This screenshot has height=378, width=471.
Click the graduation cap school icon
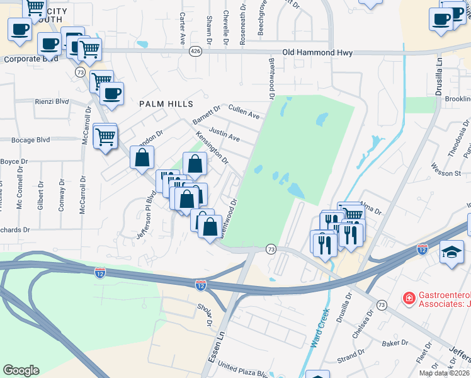click(451, 254)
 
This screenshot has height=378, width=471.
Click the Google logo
click(21, 370)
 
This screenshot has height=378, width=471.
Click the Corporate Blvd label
click(31, 59)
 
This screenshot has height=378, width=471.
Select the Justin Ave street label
click(224, 134)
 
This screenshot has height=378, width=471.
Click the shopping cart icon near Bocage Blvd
click(105, 137)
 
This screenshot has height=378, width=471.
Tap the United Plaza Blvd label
click(242, 370)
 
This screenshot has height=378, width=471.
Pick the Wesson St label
click(446, 173)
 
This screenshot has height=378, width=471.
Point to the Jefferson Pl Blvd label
click(145, 215)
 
